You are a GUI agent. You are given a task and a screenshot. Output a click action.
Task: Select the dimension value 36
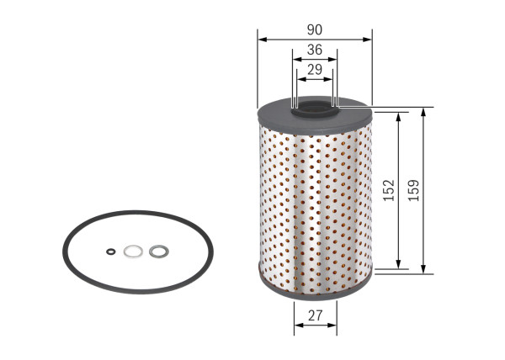315,50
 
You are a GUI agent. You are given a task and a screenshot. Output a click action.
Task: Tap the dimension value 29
315,70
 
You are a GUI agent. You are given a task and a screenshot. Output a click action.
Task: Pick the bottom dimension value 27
315,315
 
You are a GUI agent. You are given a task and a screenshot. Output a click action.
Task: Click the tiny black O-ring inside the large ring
111,250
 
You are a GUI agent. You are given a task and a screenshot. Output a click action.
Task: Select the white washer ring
132,250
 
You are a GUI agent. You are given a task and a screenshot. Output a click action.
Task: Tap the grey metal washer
157,250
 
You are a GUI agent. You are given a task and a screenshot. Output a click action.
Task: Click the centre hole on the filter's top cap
315,107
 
